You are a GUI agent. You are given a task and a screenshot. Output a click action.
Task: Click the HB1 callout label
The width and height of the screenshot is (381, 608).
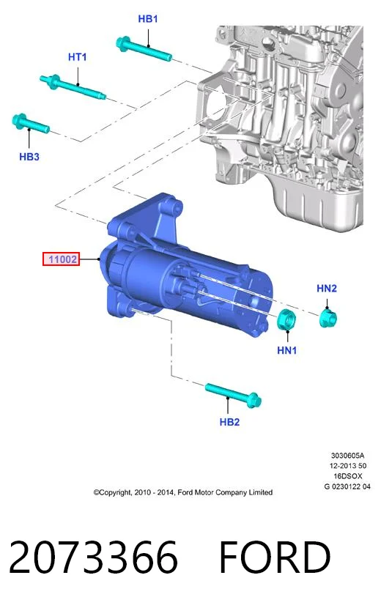pyautogui.click(x=148, y=18)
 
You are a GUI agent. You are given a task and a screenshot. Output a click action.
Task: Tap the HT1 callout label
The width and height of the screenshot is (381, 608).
pyautogui.click(x=77, y=57)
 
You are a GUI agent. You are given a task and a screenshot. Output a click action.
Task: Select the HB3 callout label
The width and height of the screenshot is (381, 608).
pyautogui.click(x=29, y=157)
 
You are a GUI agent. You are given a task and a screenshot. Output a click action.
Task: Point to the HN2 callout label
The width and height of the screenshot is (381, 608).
pyautogui.click(x=327, y=288)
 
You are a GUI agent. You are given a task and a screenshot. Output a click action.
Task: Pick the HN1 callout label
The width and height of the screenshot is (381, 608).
pyautogui.click(x=286, y=350)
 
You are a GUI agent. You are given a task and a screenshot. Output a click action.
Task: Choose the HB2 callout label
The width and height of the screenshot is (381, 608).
pyautogui.click(x=229, y=422)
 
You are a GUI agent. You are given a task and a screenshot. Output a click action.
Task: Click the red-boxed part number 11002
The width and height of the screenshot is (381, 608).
pyautogui.click(x=62, y=259)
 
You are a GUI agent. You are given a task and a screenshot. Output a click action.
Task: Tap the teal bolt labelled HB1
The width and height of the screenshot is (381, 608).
pyautogui.click(x=144, y=49)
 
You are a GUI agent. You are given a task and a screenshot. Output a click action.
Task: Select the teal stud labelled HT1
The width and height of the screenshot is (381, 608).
pyautogui.click(x=73, y=87)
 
